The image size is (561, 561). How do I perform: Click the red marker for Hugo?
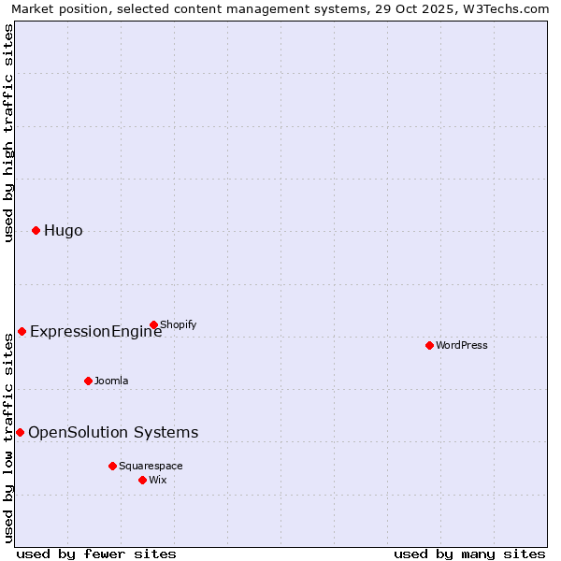[x=36, y=230]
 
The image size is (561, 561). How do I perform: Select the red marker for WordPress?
[x=429, y=345]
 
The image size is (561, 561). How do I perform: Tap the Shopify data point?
[x=153, y=324]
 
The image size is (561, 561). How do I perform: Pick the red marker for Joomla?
[x=88, y=381]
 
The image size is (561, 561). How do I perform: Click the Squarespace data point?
[x=112, y=466]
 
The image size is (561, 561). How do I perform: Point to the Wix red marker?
[x=142, y=480]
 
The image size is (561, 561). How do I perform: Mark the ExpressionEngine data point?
[x=22, y=331]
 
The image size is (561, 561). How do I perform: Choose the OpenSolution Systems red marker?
[x=20, y=432]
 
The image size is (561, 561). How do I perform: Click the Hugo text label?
[x=64, y=231]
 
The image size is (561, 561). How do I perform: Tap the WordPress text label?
[x=462, y=345]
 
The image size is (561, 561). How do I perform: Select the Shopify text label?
[x=179, y=324]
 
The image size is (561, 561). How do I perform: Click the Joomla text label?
[x=111, y=381]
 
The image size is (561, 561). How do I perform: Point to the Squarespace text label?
[x=151, y=466]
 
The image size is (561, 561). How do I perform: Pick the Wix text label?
[x=158, y=480]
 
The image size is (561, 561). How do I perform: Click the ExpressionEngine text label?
[x=96, y=331]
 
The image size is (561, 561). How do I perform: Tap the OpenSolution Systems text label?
[x=113, y=432]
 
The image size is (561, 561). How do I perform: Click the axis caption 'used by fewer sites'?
[x=96, y=554]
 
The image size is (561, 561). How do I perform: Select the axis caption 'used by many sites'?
[x=469, y=554]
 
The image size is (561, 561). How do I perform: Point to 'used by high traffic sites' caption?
[x=8, y=133]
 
